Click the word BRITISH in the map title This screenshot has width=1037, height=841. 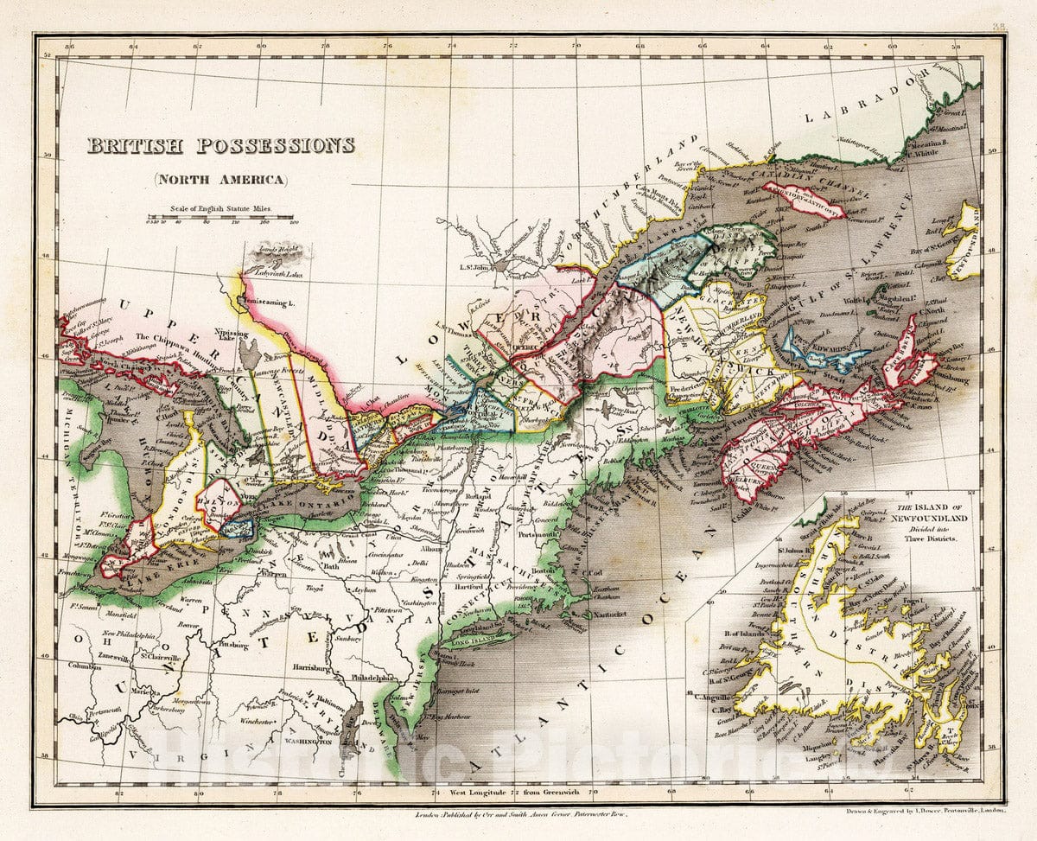coord(137,145)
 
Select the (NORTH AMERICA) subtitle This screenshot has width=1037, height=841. coord(220,180)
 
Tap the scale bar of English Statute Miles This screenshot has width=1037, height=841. coord(221,218)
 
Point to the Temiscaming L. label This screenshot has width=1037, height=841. coord(276,303)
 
